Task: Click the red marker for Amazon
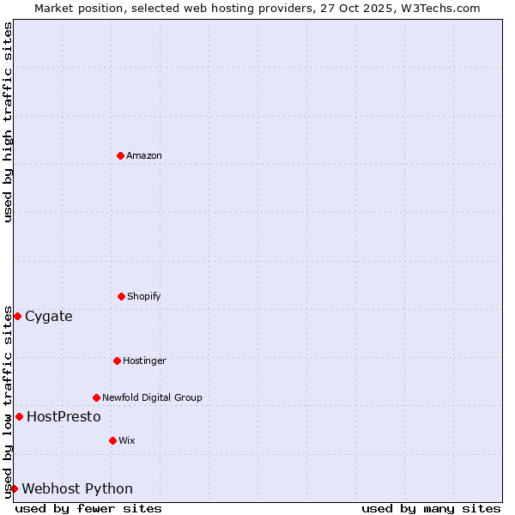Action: point(120,155)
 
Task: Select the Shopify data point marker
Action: point(121,296)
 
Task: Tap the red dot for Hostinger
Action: point(117,360)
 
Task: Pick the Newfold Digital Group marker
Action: point(96,397)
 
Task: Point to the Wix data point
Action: point(112,440)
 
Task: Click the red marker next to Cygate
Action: point(17,316)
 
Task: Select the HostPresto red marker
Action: point(19,416)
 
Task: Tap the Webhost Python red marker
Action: point(14,488)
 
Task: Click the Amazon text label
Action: point(144,155)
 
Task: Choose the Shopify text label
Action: point(144,296)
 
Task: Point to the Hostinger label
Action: point(144,360)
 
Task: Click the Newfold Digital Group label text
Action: point(152,397)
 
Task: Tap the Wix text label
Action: point(127,440)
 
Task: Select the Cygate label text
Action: point(49,316)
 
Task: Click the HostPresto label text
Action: point(64,416)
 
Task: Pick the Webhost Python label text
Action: point(77,488)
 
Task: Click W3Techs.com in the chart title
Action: point(439,8)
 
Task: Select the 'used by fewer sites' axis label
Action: point(88,508)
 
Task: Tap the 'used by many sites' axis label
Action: point(431,508)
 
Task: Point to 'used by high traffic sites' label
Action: point(8,123)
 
